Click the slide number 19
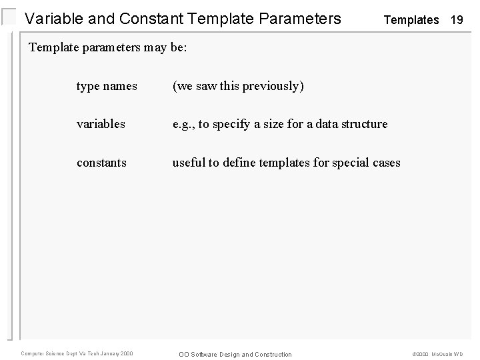[457, 20]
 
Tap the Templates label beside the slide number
[411, 20]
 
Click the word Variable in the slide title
[53, 19]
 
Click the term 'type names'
[107, 86]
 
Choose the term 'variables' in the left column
[101, 124]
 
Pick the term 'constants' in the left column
[101, 162]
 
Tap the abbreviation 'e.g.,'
[185, 124]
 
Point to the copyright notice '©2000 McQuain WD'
[437, 354]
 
